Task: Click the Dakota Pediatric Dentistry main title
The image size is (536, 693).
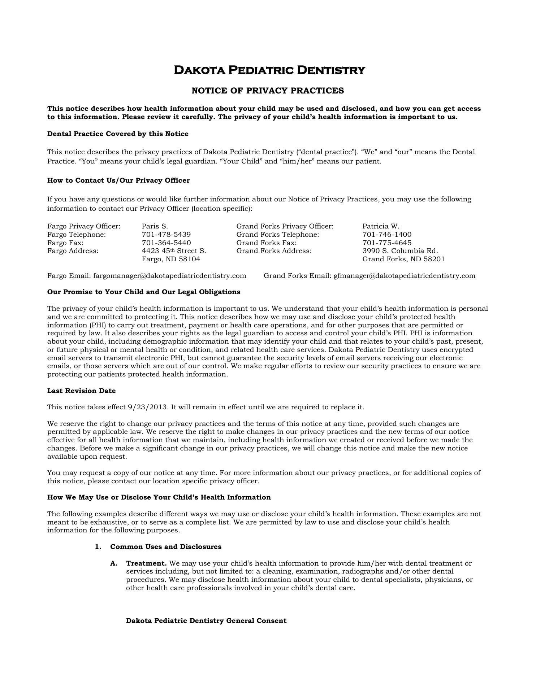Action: (269, 70)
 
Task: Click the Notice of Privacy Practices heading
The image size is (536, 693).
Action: (268, 91)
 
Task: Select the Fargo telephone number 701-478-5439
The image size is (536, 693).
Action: (166, 235)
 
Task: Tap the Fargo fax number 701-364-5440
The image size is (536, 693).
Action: (166, 243)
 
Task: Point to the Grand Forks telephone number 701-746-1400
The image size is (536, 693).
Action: (387, 235)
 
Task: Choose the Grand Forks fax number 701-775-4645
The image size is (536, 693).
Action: (387, 243)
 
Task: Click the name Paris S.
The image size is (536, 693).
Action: (155, 226)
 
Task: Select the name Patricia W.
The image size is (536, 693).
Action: (381, 226)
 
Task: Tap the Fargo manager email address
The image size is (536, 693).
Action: (169, 276)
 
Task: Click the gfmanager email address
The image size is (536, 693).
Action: (405, 276)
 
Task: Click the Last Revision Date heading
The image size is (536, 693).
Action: (82, 391)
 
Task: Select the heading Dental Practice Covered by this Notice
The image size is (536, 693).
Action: (118, 134)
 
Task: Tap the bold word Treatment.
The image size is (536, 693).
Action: (146, 563)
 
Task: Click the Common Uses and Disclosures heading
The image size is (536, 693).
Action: (166, 547)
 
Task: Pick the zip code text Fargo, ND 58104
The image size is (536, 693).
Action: (171, 259)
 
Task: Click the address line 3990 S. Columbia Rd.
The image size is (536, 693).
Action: (400, 251)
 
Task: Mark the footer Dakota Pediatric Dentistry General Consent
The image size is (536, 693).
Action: (206, 621)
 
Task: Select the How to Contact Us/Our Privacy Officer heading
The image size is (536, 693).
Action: (118, 180)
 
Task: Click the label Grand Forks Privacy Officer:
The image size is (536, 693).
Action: (285, 226)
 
